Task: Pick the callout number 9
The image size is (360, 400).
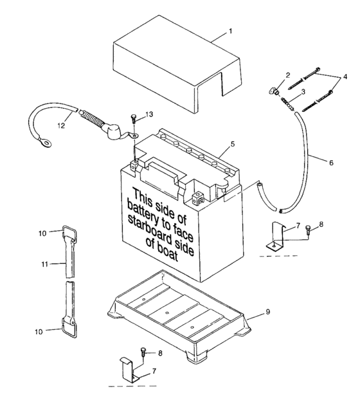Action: tap(267, 312)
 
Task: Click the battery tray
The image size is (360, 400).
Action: tap(177, 315)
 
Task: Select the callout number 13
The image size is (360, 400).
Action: tap(149, 114)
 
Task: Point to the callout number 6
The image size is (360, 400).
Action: tap(331, 163)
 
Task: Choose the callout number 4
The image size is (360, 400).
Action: tap(345, 77)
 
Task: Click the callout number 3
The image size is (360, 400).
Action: tap(302, 91)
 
